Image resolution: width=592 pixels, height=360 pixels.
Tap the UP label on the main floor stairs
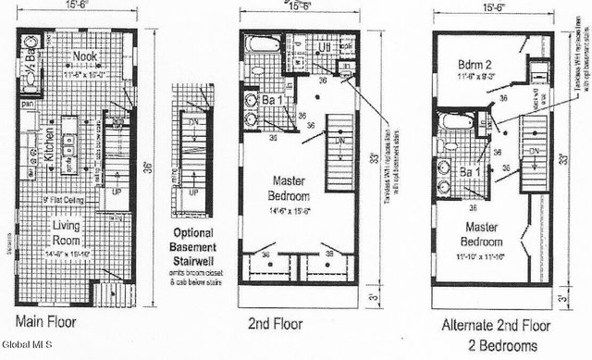point(115,191)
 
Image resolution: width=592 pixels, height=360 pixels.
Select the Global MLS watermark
point(28,353)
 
